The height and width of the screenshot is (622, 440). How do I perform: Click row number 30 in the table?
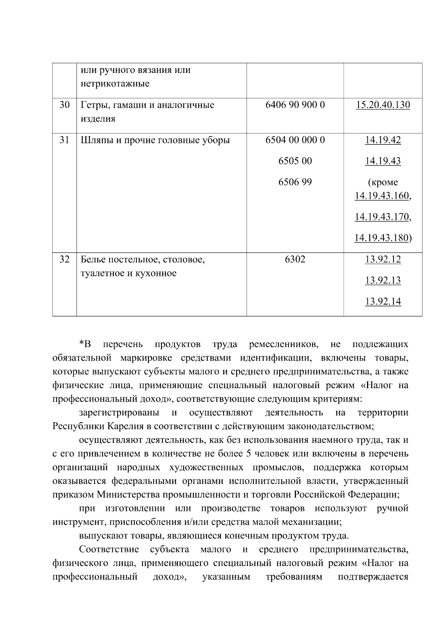65,105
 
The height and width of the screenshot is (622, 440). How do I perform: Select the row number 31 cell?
65,140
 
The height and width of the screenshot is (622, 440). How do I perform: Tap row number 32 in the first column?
65,260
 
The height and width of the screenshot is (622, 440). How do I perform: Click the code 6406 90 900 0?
295,105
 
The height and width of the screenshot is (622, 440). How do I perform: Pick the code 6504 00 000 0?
295,140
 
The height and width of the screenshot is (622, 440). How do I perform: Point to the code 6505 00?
295,161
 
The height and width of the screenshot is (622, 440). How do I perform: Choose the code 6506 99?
295,182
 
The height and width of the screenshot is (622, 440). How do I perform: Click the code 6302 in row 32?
295,260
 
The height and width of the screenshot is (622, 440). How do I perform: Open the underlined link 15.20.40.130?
383,105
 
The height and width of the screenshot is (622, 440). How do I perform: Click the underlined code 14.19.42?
383,140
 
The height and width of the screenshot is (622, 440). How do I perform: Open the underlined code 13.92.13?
383,281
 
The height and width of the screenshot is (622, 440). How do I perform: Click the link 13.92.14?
383,302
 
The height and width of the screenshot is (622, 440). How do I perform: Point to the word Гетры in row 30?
93,106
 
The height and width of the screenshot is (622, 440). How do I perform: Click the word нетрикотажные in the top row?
115,84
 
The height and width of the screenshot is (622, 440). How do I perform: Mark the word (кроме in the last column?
383,183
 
